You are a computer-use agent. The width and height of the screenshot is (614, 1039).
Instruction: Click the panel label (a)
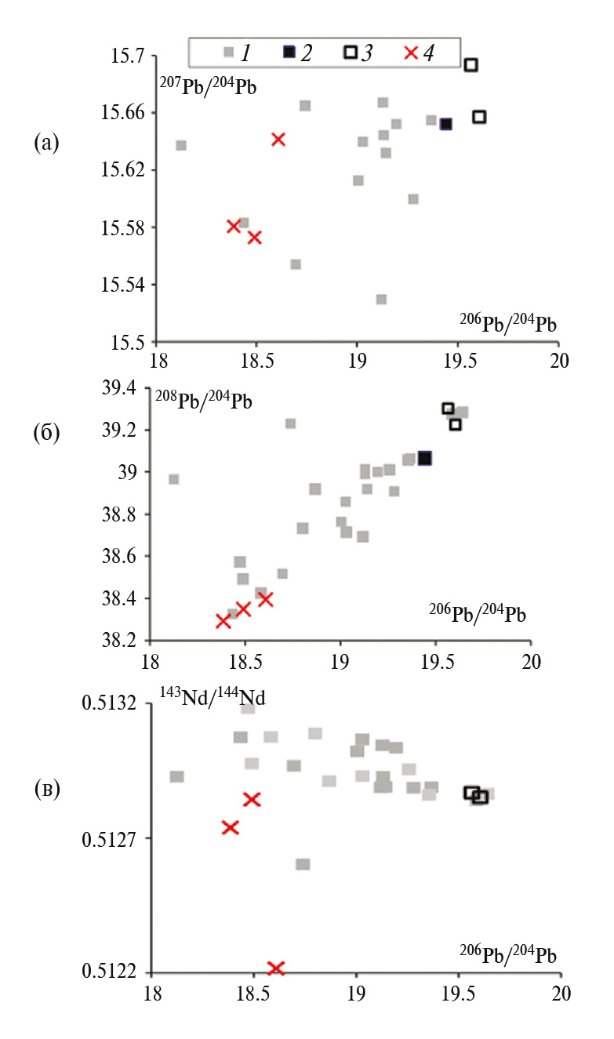[45, 142]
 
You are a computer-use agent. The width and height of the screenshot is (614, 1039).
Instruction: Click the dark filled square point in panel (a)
[445, 124]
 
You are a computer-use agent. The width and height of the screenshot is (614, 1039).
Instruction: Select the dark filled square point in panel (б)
[425, 458]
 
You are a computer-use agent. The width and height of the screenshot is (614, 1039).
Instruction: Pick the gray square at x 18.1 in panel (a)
[181, 145]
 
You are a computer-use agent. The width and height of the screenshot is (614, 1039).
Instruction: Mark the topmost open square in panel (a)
[470, 65]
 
